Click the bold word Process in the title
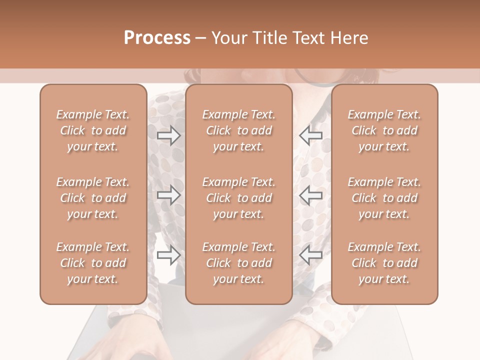click(157, 38)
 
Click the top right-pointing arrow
click(168, 135)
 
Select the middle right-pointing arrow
click(168, 195)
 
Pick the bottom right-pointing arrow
click(168, 255)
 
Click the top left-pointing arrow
click(310, 135)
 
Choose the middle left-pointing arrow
click(310, 195)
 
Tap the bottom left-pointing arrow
click(310, 255)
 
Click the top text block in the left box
click(93, 130)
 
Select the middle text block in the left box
click(93, 198)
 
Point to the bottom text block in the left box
click(93, 263)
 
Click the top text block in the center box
click(239, 130)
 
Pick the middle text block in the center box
click(239, 198)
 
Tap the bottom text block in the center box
click(239, 263)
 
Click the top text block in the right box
click(384, 130)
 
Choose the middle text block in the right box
click(384, 198)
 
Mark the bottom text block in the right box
click(384, 263)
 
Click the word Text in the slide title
click(308, 38)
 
